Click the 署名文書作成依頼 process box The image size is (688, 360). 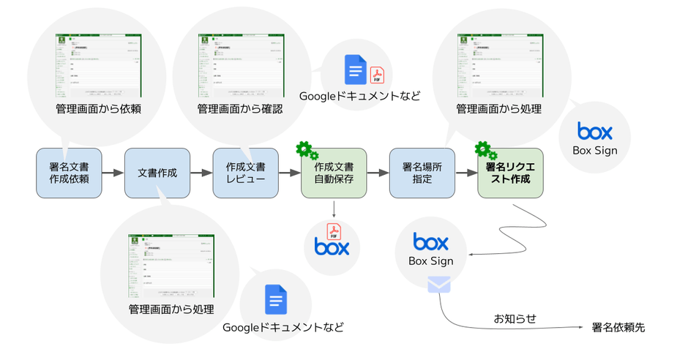tap(69, 173)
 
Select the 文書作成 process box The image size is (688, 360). tap(157, 173)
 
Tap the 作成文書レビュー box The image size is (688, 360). tap(246, 173)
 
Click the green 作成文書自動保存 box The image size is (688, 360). tap(334, 173)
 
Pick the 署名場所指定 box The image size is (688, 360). tap(422, 173)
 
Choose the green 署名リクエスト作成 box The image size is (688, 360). tap(510, 173)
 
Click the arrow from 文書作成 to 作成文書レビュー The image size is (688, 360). tap(201, 173)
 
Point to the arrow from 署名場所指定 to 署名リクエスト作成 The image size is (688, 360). tap(466, 173)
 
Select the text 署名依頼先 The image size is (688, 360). tap(618, 328)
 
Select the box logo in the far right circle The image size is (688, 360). tap(594, 132)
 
